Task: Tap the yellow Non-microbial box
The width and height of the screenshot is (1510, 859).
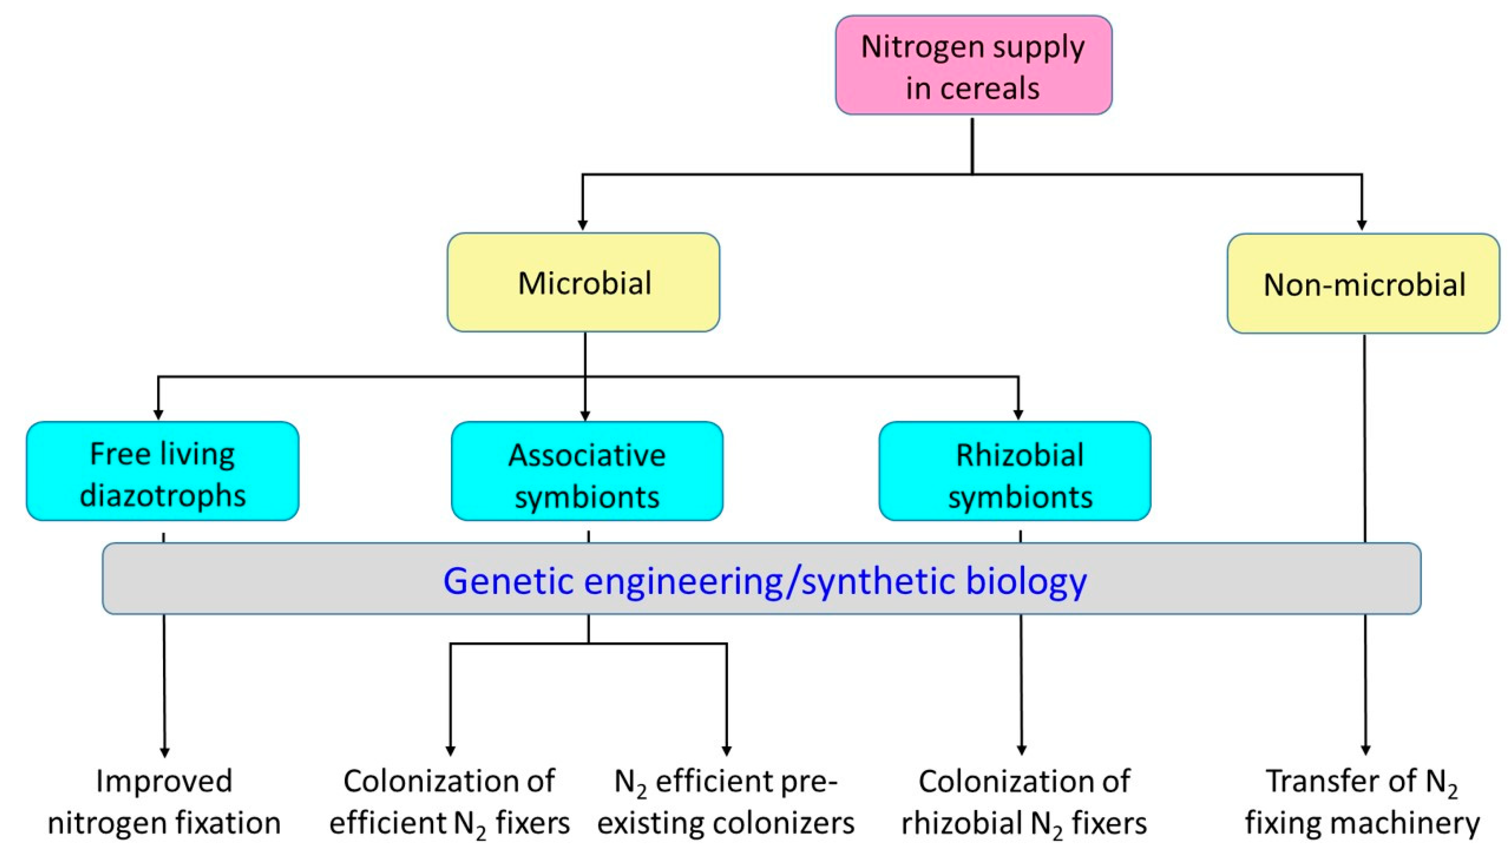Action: pos(1363,284)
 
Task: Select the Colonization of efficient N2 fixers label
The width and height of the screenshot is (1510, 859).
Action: pos(450,802)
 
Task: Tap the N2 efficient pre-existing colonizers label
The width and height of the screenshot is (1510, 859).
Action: pos(726,802)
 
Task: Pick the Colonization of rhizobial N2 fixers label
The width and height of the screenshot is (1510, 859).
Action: pos(1024,802)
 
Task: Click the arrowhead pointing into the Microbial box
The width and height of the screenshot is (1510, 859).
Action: pos(582,225)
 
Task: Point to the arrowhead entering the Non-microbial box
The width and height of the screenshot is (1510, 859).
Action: pos(1362,225)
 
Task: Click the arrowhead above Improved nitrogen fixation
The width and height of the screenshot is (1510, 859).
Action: pos(164,752)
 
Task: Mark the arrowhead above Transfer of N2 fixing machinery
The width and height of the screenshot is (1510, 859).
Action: pos(1365,750)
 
